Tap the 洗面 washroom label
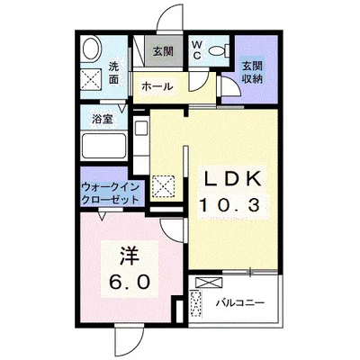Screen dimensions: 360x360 (x=114, y=71)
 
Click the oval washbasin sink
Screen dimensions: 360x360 (x=90, y=49)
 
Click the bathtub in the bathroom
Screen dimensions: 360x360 (x=103, y=144)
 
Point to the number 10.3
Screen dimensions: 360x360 (x=229, y=206)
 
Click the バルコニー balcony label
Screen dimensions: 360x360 (x=239, y=303)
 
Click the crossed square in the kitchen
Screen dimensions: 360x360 (x=165, y=186)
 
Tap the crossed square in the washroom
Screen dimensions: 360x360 (x=92, y=77)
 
